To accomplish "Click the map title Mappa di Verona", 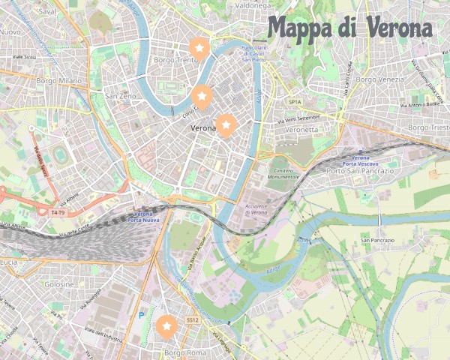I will (350, 28).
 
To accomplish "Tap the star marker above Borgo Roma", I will (167, 326).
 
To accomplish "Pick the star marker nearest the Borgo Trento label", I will (199, 48).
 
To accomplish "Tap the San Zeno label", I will (120, 96).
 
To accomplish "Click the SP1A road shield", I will (295, 101).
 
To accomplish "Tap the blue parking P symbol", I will (141, 315).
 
